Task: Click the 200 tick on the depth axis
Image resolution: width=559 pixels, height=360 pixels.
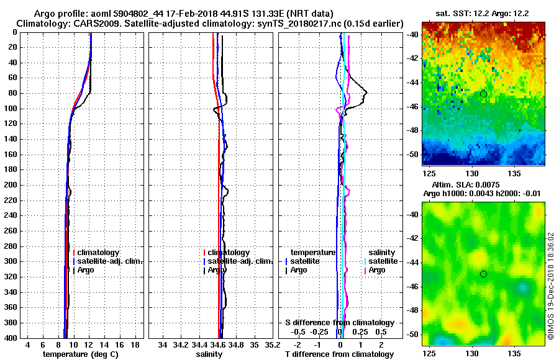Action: pyautogui.click(x=12, y=185)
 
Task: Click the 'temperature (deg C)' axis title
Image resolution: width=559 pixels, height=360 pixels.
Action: pyautogui.click(x=80, y=354)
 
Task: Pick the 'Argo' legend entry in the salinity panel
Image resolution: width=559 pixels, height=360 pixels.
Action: pyautogui.click(x=217, y=270)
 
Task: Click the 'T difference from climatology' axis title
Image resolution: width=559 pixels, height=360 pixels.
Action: pyautogui.click(x=339, y=354)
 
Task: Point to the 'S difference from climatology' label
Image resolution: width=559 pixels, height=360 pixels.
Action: pyautogui.click(x=339, y=323)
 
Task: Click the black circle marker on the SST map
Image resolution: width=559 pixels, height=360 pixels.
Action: pyautogui.click(x=483, y=94)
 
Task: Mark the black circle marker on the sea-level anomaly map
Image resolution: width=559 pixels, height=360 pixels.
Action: pyautogui.click(x=483, y=274)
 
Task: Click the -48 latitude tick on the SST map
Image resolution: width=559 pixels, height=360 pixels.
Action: pyautogui.click(x=412, y=130)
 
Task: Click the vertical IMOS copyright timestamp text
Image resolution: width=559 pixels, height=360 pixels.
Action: pyautogui.click(x=551, y=286)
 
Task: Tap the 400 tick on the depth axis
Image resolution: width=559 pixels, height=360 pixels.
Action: pyautogui.click(x=12, y=338)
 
